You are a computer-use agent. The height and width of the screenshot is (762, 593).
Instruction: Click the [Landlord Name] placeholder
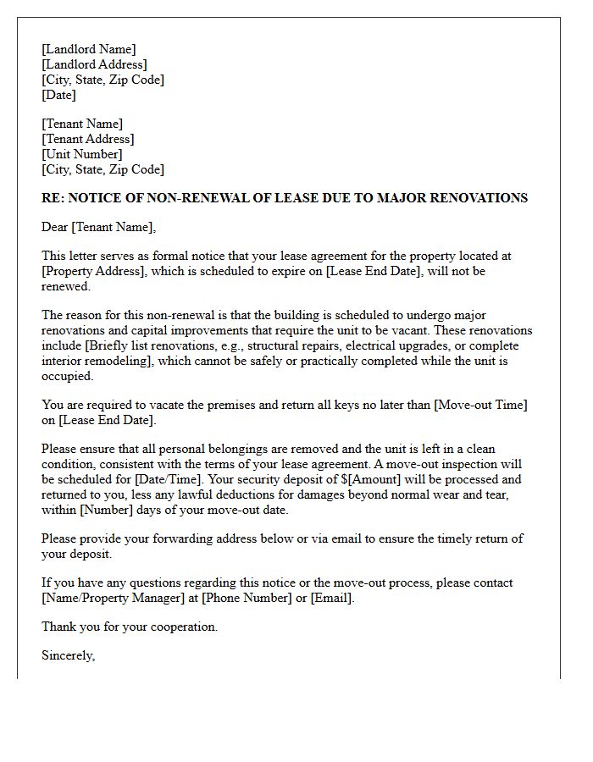(x=88, y=49)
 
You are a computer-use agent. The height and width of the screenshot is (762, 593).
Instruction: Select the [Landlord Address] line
(x=94, y=64)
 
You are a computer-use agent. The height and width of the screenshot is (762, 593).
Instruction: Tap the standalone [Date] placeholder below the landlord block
(x=58, y=95)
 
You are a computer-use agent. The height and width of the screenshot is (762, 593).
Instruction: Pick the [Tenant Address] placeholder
(x=88, y=139)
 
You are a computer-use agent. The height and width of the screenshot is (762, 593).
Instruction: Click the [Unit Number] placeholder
(x=81, y=154)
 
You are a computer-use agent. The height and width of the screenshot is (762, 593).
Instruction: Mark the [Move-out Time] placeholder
(x=480, y=405)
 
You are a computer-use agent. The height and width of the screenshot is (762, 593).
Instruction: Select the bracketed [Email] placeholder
(x=331, y=598)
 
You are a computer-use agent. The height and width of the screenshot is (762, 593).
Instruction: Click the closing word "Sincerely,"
(x=68, y=655)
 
